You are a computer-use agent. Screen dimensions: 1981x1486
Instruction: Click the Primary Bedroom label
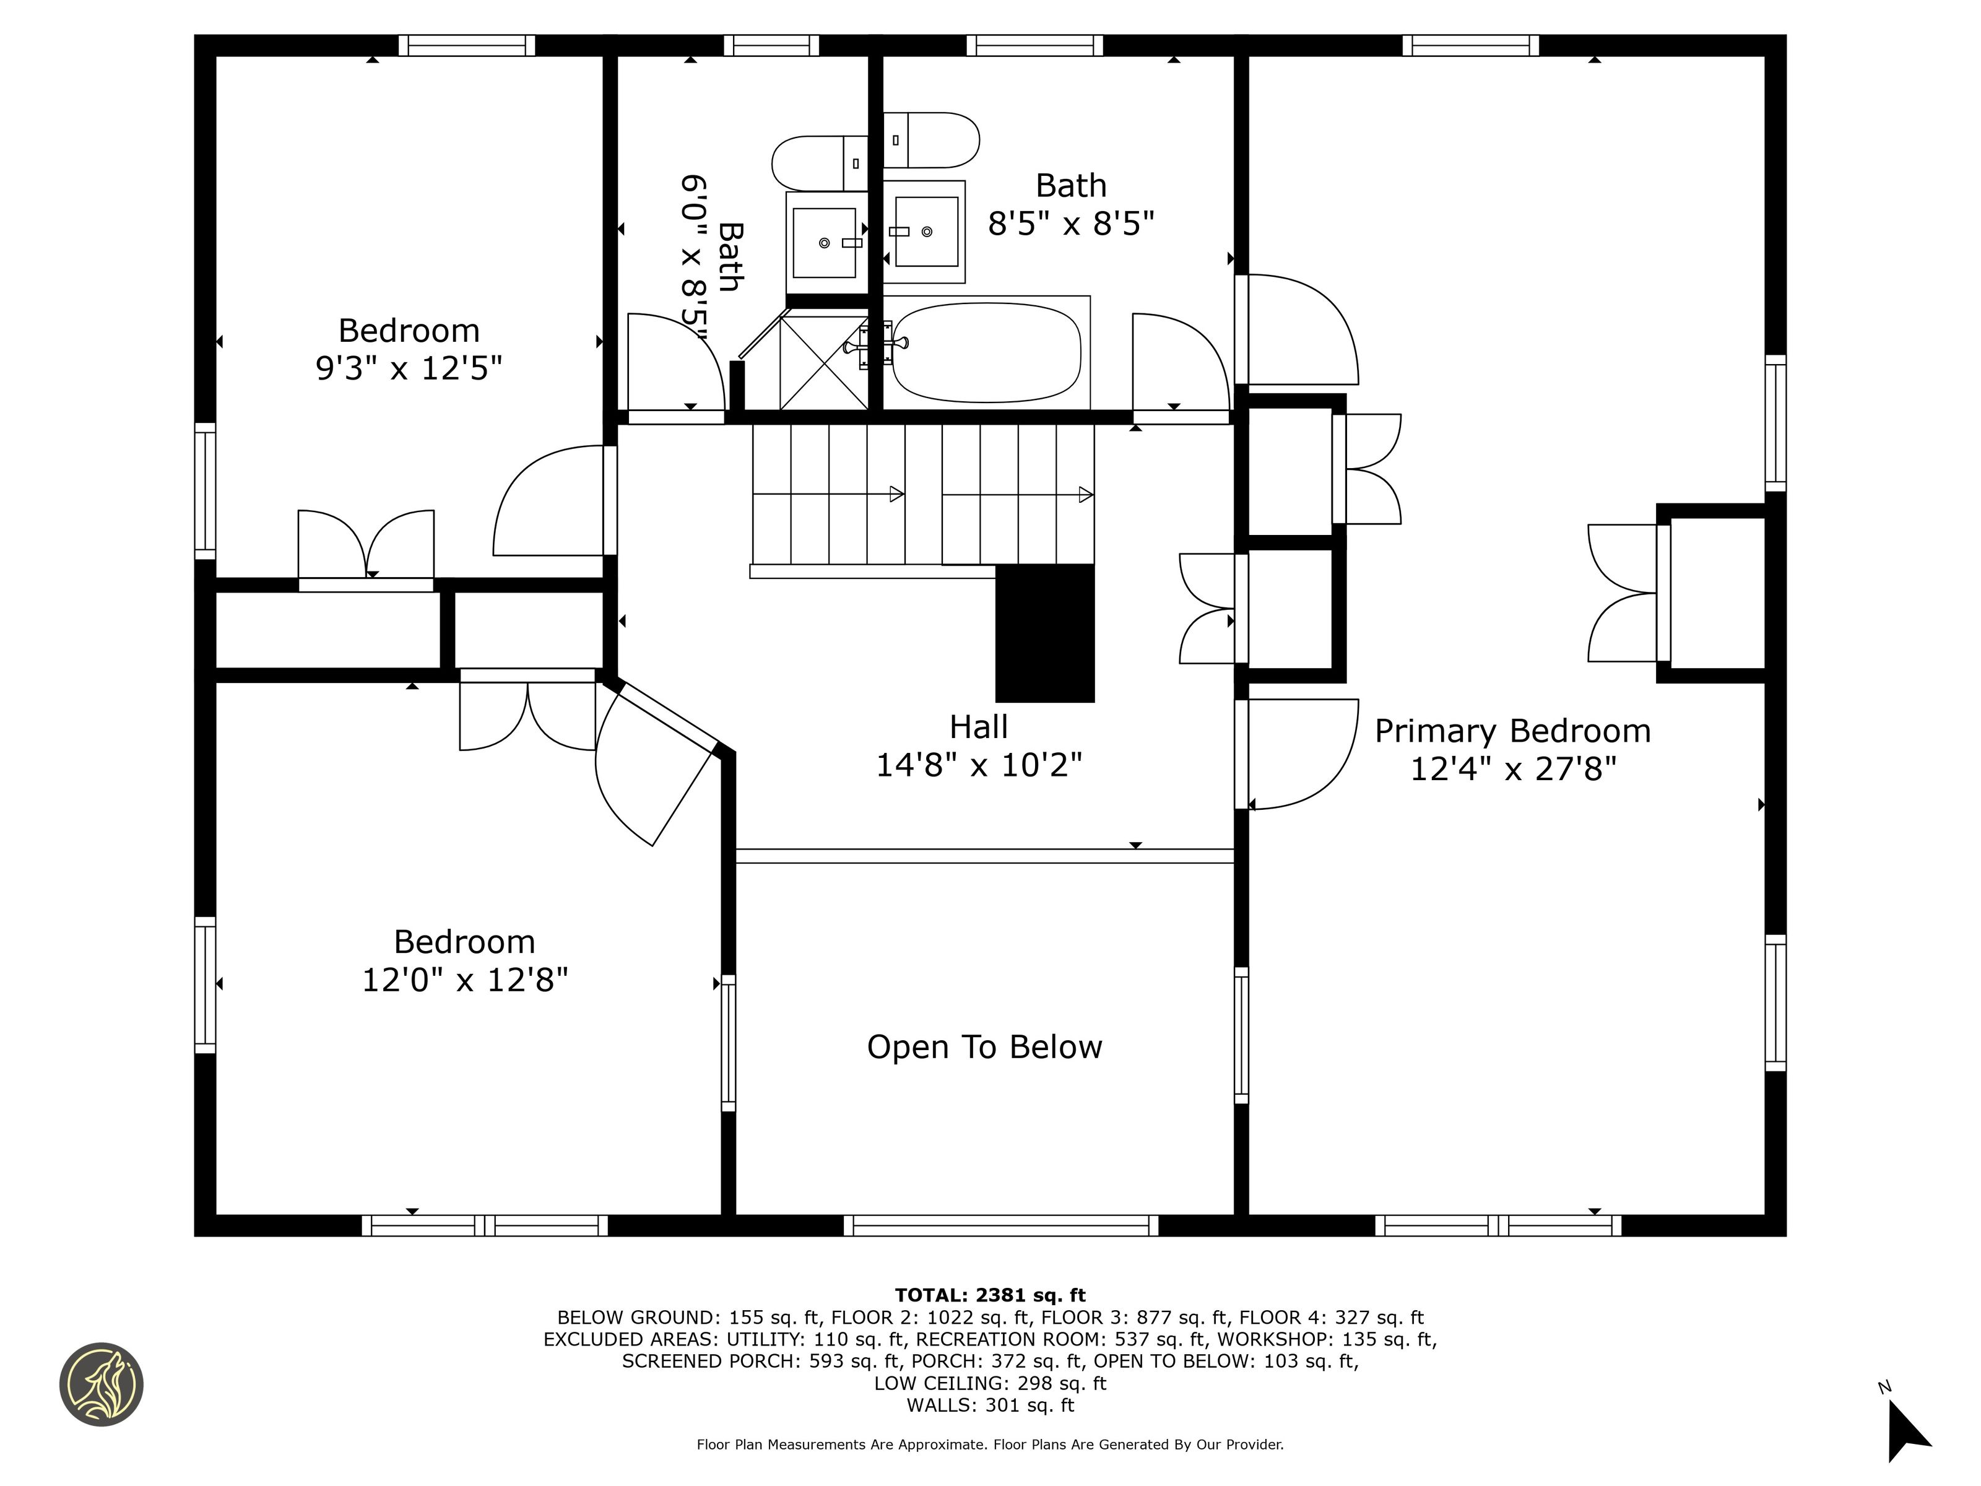[x=1512, y=731]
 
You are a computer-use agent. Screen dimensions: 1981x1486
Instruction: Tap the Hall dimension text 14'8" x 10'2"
[x=979, y=765]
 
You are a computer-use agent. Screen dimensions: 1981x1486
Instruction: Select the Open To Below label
[x=984, y=1047]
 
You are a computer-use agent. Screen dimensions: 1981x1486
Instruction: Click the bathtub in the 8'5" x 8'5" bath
[x=987, y=352]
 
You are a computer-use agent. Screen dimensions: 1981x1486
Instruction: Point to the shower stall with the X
[x=824, y=362]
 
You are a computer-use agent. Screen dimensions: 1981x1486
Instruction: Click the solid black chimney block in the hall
[x=1045, y=633]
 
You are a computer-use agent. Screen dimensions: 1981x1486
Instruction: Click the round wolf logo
[x=101, y=1384]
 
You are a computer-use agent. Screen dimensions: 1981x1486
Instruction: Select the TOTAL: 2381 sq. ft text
[x=990, y=1295]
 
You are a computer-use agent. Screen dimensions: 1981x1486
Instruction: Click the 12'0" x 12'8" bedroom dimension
[x=465, y=980]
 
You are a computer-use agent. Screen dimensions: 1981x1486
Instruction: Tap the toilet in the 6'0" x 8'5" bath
[x=820, y=163]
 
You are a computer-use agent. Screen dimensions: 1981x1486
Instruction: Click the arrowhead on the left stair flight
[x=896, y=493]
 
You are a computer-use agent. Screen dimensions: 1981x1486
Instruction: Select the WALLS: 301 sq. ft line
[x=990, y=1406]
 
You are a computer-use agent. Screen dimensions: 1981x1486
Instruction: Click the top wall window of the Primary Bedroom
[x=1470, y=45]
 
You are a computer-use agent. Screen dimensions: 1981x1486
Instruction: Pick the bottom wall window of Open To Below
[x=1001, y=1225]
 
